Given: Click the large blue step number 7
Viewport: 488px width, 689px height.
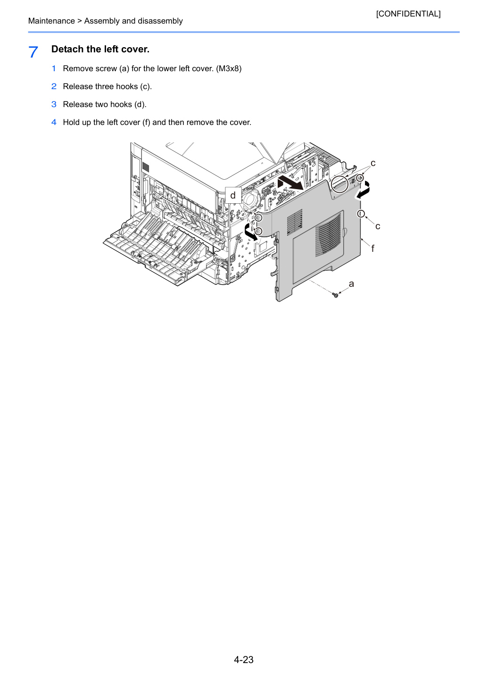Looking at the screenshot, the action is tap(33, 52).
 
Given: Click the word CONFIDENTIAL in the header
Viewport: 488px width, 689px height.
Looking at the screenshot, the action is tap(408, 14).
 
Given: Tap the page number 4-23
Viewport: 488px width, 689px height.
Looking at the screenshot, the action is tap(244, 659).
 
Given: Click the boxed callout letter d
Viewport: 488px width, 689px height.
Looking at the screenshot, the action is tap(233, 195).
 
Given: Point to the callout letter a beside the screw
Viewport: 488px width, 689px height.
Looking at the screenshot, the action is tap(351, 284).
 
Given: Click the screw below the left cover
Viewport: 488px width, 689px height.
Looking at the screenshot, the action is tap(336, 295).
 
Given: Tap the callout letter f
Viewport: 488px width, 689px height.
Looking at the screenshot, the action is tap(372, 248).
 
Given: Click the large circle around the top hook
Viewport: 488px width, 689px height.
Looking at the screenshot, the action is tap(340, 184).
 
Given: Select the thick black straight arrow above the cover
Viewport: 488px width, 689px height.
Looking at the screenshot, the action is tap(290, 183).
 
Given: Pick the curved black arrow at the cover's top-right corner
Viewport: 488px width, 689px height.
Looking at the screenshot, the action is tap(363, 191).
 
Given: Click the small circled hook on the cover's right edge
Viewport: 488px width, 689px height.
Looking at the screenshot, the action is tap(361, 214).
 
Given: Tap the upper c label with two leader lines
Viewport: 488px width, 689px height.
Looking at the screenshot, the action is tap(373, 163).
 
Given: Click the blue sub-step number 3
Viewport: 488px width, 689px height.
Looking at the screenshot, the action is tap(54, 104).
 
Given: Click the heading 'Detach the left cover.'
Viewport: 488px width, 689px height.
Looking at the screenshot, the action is tap(100, 49).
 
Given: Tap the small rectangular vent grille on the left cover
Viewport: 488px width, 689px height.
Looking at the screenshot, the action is tap(295, 223).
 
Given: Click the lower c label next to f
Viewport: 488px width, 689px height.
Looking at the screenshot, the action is tap(378, 226).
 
